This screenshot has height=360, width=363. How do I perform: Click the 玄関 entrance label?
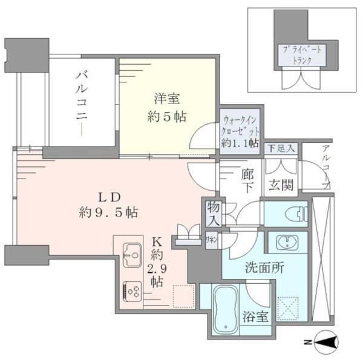point(281,185)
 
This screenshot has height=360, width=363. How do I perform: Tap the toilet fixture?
point(297,213)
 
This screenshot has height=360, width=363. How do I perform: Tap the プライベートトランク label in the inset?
point(301,56)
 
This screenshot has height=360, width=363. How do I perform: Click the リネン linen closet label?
point(212,240)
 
